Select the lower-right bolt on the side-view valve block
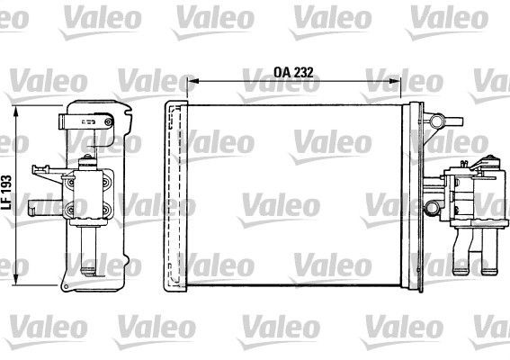click(x=107, y=211)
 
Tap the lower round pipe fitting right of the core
click(x=433, y=210)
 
